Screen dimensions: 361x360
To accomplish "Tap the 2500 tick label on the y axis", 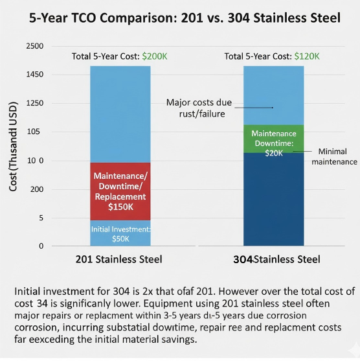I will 34,46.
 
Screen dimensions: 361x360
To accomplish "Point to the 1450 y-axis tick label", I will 34,75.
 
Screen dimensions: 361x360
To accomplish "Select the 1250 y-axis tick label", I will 34,104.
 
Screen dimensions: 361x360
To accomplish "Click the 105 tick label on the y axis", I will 36,132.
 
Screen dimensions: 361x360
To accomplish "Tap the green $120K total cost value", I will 306,56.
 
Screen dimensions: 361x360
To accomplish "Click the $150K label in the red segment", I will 120,207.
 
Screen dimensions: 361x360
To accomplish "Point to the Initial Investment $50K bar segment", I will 120,233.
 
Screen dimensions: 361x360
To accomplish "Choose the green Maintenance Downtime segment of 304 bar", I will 273,138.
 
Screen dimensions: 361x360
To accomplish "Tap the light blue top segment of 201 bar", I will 120,113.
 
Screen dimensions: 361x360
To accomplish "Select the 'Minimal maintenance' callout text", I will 334,156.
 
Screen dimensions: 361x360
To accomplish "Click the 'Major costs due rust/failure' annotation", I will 199,108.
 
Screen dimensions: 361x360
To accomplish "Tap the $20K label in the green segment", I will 274,153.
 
